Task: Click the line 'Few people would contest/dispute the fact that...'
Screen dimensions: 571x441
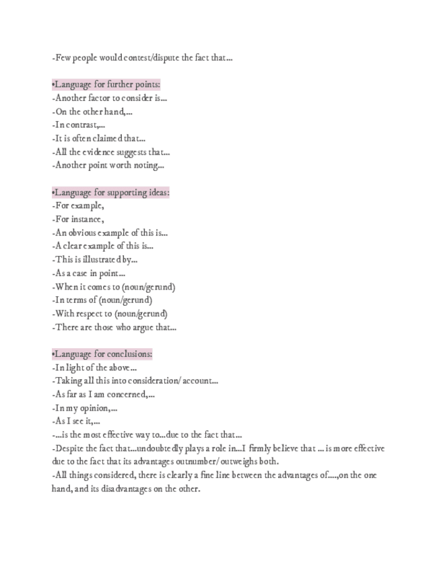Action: click(142, 58)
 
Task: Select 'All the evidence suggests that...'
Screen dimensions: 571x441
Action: click(110, 152)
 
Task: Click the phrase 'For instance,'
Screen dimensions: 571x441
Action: click(77, 220)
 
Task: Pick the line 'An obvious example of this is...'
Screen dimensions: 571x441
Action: click(110, 233)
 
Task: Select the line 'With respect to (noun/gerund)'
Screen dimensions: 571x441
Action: click(110, 314)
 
